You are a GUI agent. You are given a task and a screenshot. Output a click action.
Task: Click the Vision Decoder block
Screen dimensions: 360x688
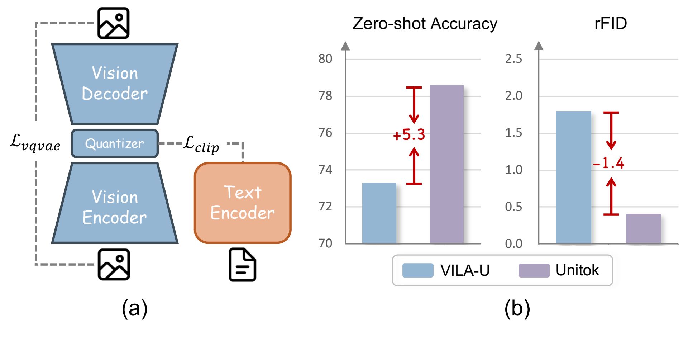coord(115,84)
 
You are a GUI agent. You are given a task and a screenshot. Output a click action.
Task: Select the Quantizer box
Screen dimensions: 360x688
coord(115,143)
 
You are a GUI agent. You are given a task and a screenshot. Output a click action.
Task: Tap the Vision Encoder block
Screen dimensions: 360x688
coord(115,207)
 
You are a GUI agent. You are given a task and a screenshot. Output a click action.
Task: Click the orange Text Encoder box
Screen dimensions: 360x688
coord(243,203)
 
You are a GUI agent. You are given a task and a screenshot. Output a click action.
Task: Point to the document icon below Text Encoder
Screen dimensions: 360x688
coord(243,265)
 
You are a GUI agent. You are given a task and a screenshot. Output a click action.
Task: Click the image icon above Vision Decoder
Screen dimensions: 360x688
coord(114,23)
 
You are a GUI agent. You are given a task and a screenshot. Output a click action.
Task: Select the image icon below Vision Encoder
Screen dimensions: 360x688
coord(114,265)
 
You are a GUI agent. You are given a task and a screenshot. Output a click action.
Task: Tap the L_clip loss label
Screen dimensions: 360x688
coord(201,144)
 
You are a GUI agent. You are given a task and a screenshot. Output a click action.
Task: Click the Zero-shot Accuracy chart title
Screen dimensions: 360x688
coord(425,24)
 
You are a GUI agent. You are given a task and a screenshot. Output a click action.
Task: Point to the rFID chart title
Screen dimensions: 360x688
coord(611,24)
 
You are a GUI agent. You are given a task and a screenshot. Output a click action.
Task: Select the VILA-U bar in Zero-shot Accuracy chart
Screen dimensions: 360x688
coord(379,213)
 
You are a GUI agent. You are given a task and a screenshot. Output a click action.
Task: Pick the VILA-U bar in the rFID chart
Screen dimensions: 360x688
coord(573,177)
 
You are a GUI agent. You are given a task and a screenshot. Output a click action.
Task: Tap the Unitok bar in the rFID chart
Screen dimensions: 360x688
coord(643,228)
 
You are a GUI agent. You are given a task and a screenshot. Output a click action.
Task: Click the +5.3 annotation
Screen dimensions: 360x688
coord(409,135)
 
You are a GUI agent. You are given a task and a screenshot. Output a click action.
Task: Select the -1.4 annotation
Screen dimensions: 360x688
coord(608,164)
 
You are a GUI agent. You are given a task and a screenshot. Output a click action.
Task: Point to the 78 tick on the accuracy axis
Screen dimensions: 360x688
coord(325,96)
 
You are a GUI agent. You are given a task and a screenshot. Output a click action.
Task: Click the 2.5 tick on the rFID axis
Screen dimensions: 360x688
coord(513,59)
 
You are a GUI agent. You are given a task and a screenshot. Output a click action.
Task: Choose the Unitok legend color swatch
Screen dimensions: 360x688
coord(534,270)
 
